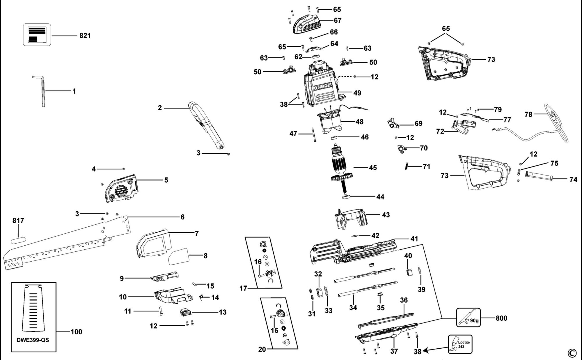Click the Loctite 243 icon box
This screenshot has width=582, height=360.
coord(460,344)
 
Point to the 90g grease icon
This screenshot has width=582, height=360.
coord(468,318)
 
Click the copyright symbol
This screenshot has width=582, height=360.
coord(572,353)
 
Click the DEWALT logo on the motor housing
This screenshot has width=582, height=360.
coord(323,86)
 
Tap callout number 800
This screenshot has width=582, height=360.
coord(501,318)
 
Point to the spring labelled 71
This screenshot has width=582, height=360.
coord(407,166)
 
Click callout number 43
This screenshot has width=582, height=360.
coord(386,215)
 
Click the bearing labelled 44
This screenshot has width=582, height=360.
coord(346,197)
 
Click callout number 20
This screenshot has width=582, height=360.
coord(262,349)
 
